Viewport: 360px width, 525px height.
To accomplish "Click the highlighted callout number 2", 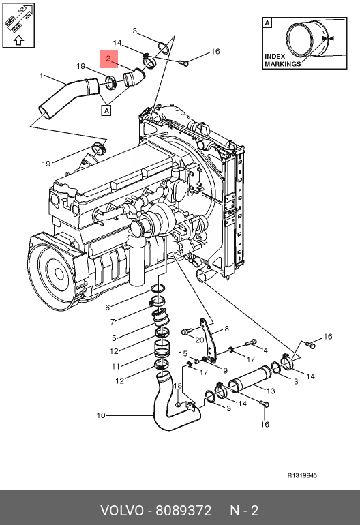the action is (x=108, y=59).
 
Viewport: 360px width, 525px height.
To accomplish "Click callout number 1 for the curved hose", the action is (x=41, y=76).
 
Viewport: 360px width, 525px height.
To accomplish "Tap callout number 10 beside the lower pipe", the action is (x=101, y=415).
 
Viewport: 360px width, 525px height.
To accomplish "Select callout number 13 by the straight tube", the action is (x=271, y=391).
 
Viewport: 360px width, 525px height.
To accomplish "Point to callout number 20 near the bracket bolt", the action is (x=200, y=340).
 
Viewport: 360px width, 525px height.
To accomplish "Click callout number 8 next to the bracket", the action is (x=227, y=329).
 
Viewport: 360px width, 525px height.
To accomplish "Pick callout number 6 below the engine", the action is (x=108, y=307).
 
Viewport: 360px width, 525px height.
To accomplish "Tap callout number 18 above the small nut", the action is (x=177, y=385).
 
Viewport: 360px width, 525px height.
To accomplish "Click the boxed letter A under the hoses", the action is (x=106, y=110).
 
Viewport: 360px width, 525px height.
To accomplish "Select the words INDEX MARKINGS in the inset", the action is (x=283, y=60).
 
